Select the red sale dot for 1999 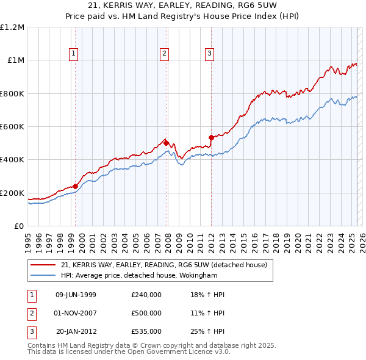[x=76, y=186]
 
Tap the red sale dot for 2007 [x=166, y=143]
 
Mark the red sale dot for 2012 [x=211, y=137]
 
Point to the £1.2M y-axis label [x=12, y=27]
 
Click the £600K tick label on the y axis [x=12, y=127]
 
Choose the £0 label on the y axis [x=18, y=226]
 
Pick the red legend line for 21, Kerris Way [x=43, y=265]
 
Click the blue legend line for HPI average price [x=43, y=276]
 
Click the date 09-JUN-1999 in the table [x=76, y=295]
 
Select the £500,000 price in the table [x=146, y=313]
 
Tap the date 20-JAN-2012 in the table [x=76, y=331]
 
